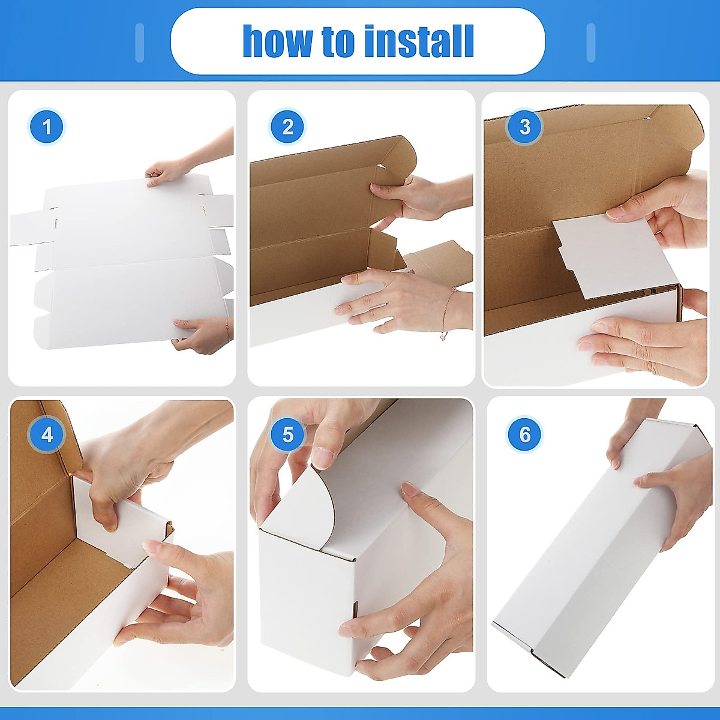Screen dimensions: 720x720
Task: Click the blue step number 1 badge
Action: pos(46,127)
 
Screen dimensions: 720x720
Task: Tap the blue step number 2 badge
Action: pos(287,127)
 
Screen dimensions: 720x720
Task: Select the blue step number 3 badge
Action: pos(525,127)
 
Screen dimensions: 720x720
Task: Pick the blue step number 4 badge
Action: pos(47,434)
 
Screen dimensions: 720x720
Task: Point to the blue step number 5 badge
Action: pos(288,434)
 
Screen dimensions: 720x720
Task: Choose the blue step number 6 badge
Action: pos(525,434)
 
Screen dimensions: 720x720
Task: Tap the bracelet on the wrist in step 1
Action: pos(227,329)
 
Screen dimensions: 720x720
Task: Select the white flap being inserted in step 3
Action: pos(606,255)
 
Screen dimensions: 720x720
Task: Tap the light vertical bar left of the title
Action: pos(140,43)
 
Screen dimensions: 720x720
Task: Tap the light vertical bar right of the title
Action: pos(590,43)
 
